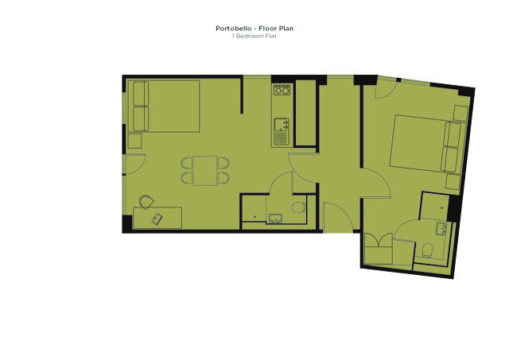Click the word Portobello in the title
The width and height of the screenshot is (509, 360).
(232, 29)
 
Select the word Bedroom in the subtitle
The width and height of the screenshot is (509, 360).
(250, 36)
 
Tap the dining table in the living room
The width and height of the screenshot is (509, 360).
(205, 170)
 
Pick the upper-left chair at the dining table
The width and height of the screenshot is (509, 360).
(187, 163)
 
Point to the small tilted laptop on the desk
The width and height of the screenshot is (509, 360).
(156, 219)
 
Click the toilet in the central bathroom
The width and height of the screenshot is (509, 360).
(297, 208)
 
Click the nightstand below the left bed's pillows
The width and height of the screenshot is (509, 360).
(134, 141)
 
